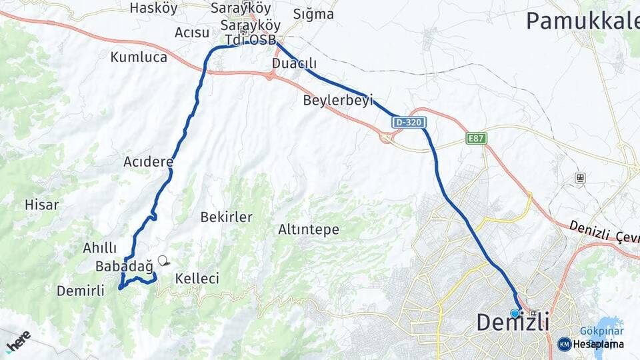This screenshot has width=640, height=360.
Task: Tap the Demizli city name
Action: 513,323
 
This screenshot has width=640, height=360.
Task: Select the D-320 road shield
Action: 409,123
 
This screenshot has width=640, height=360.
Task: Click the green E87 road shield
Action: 477,139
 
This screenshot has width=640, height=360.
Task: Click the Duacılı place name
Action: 294,63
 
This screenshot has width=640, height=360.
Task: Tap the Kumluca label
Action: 139,57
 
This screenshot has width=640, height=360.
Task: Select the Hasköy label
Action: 154,8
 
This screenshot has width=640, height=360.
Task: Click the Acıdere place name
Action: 148,161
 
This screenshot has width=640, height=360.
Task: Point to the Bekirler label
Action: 227,217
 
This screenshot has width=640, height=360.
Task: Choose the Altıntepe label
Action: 309,230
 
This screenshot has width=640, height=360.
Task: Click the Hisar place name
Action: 41,205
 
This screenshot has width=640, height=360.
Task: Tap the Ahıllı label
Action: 100,248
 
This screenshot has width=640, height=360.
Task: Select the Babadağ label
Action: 124,265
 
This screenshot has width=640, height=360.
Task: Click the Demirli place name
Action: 81,291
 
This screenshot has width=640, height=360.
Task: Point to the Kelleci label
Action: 197,279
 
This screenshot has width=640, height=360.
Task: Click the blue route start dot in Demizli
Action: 515,313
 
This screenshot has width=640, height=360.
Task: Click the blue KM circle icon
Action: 564,344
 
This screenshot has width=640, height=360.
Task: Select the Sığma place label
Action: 313,13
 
